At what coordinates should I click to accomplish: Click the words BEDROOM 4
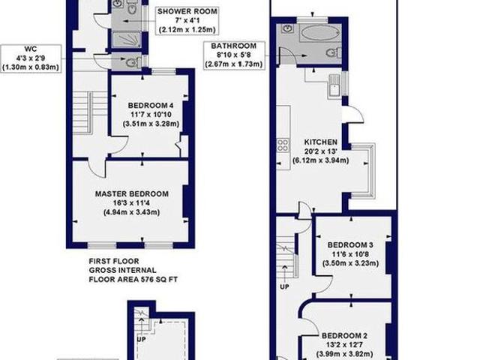[151, 105]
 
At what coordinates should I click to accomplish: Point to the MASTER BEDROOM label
[131, 193]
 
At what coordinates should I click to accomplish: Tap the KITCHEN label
[320, 142]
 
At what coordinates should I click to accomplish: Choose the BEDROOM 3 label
[350, 246]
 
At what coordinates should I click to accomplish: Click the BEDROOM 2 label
[345, 335]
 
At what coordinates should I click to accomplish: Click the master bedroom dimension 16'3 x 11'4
[132, 203]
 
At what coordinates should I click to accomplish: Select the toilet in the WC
[132, 63]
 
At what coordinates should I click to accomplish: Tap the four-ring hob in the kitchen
[283, 144]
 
